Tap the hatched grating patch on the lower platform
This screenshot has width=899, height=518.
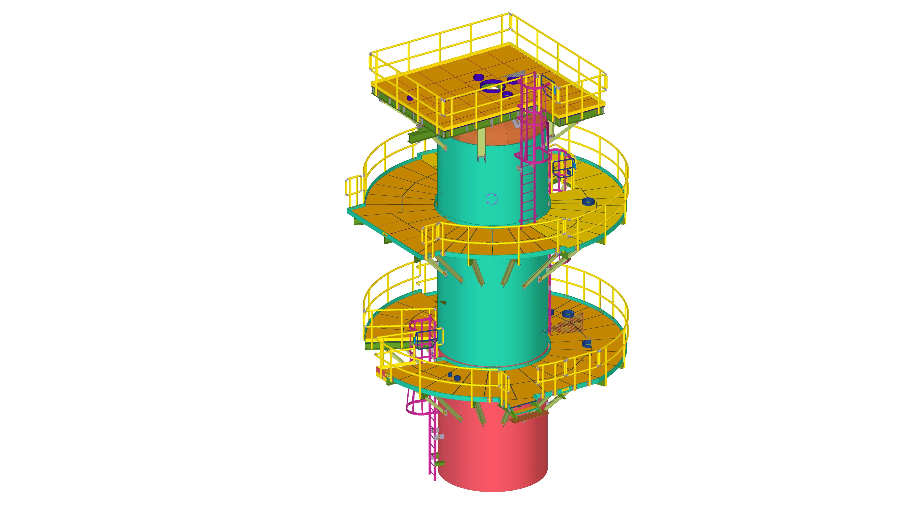coord(569,324)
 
